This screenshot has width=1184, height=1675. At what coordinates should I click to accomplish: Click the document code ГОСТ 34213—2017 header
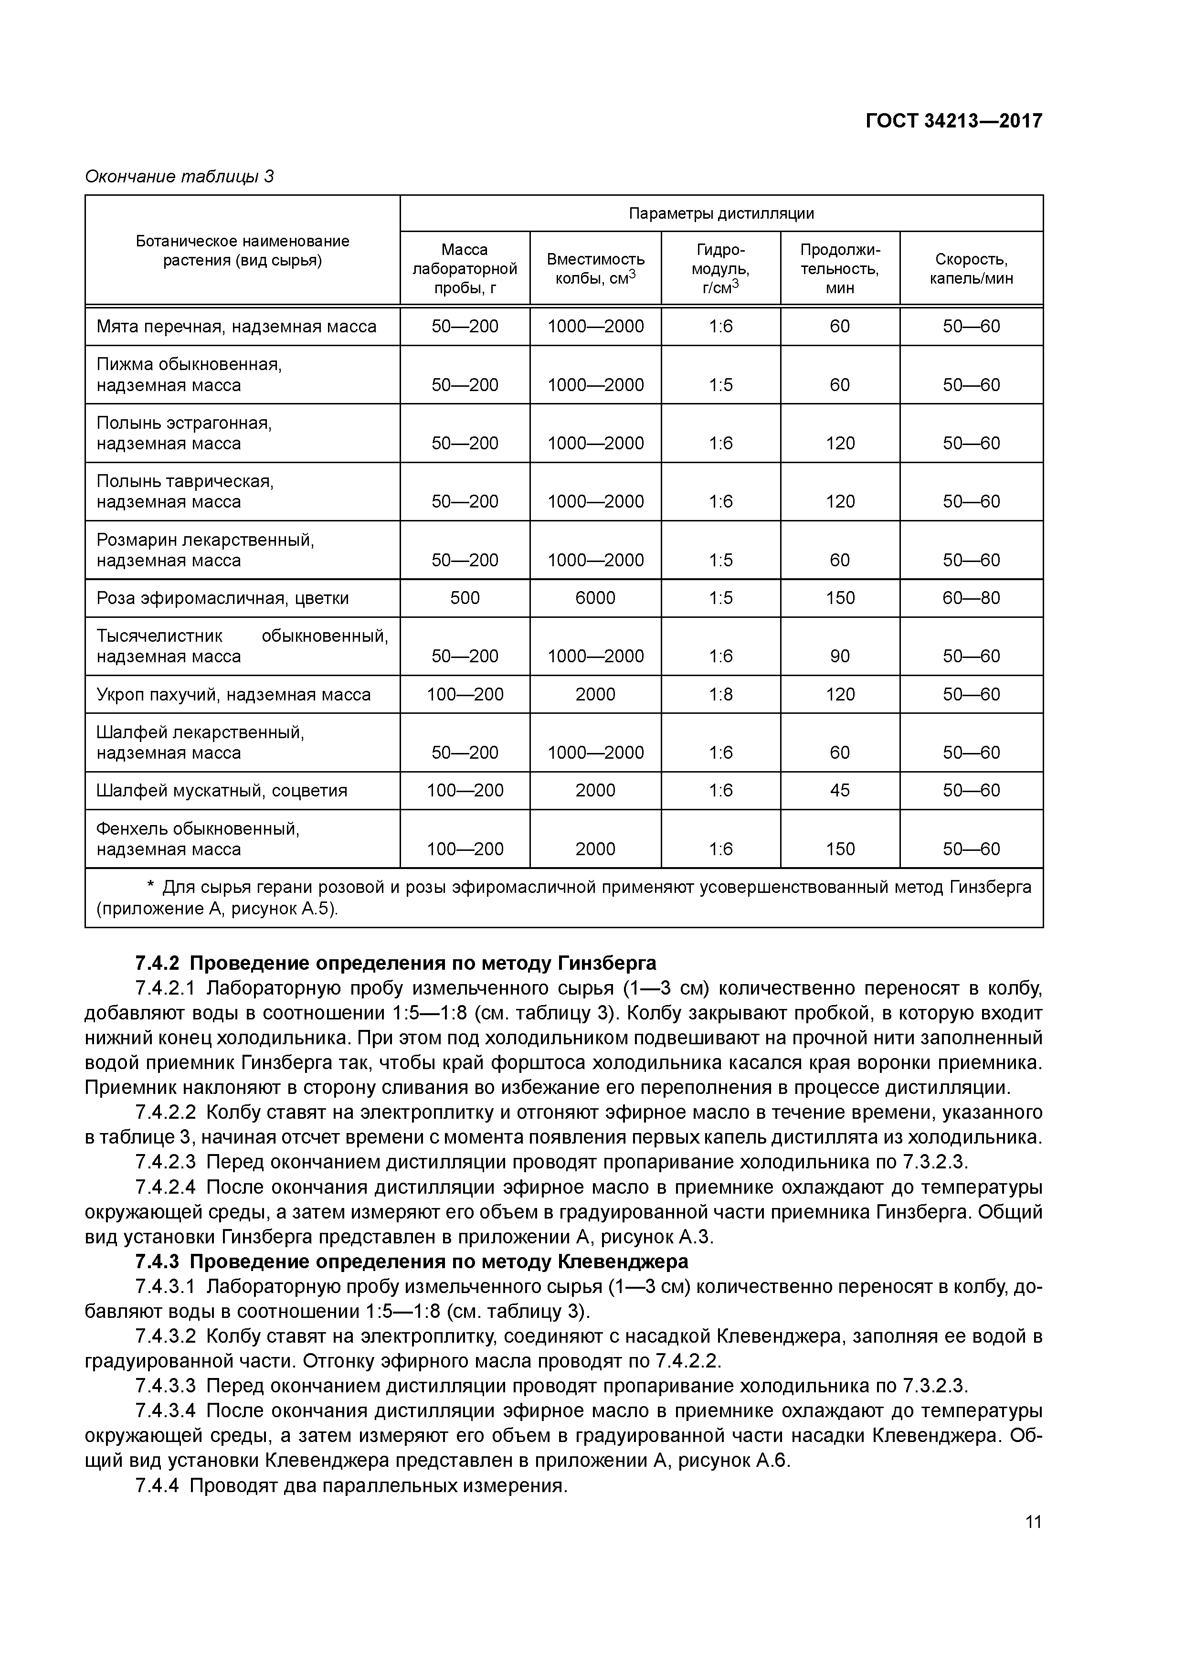(953, 121)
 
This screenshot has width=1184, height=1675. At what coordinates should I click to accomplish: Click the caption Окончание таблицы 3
(180, 177)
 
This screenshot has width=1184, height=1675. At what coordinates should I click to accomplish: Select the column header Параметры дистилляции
(721, 214)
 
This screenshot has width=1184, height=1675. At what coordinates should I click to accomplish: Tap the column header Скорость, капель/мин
(971, 268)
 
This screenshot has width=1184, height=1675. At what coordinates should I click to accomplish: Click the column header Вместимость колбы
(595, 268)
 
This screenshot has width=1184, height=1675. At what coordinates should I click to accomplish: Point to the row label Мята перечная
(236, 326)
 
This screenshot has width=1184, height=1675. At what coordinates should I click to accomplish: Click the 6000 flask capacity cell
(595, 598)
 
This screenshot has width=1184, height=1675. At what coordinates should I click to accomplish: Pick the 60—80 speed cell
(971, 598)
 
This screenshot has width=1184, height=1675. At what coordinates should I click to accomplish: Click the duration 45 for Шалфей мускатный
(840, 791)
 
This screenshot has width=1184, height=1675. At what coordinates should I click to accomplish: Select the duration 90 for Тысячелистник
(840, 657)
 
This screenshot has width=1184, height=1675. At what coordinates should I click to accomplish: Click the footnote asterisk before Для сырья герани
(151, 887)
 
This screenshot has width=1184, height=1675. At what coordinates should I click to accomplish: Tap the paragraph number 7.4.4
(157, 1486)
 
